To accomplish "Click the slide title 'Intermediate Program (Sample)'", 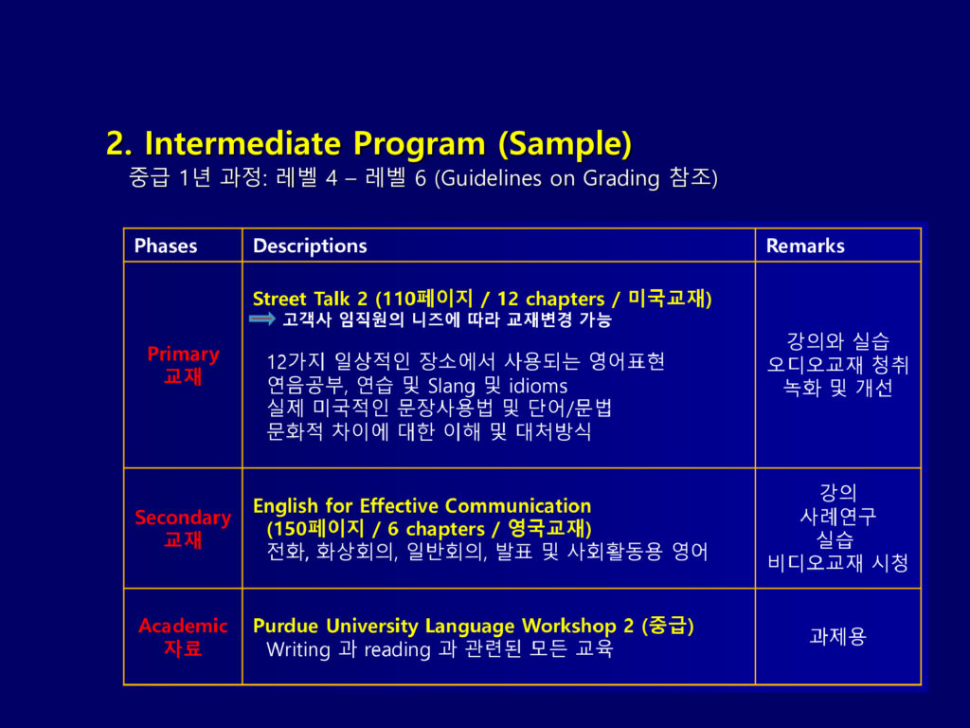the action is click(387, 144).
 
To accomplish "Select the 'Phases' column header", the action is click(166, 246).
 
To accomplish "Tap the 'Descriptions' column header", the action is click(310, 246).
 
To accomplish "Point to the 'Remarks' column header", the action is click(805, 246).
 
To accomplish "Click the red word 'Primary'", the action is click(183, 355).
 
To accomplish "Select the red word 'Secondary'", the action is click(183, 517).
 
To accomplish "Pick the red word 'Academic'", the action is click(183, 626).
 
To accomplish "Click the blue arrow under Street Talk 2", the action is click(262, 318).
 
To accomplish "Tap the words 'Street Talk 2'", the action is click(310, 299).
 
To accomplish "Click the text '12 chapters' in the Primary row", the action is click(550, 299).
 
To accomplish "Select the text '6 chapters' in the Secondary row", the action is click(436, 529).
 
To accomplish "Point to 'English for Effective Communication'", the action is click(422, 506).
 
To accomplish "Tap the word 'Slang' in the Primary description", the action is click(452, 387).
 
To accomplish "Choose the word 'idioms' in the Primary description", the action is click(538, 387).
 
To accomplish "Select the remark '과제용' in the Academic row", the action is click(837, 636).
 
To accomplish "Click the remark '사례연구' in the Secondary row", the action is click(837, 517).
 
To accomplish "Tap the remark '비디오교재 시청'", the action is click(837, 563).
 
